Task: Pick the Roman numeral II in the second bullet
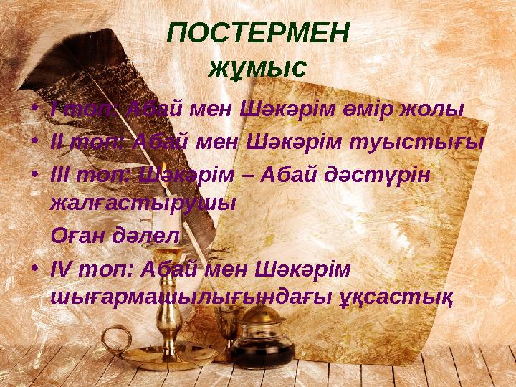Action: [x=57, y=141]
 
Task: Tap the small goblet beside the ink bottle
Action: [x=229, y=333]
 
